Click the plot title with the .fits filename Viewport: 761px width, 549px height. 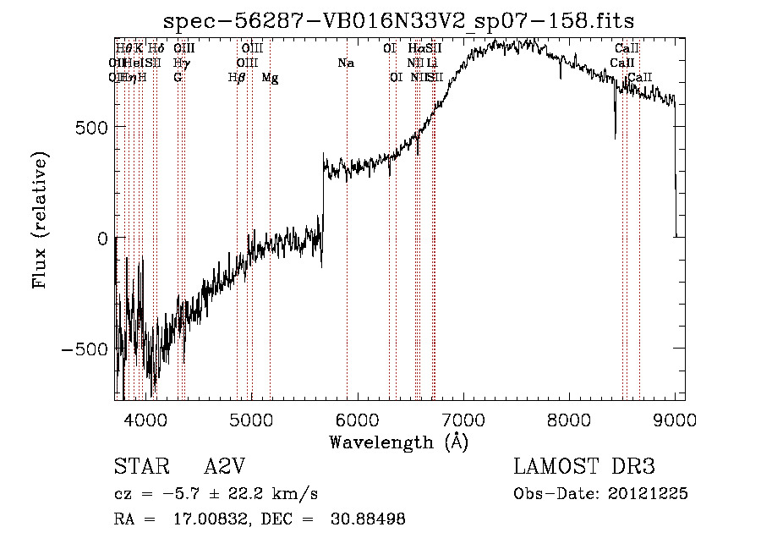coord(398,20)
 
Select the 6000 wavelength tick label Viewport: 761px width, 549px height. coord(358,418)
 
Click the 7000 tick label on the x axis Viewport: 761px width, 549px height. coord(463,418)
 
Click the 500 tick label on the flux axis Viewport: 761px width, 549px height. coord(89,127)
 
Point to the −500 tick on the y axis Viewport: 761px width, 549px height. coord(83,349)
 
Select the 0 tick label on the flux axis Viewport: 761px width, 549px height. coord(101,239)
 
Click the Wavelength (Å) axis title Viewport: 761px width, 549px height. coord(398,442)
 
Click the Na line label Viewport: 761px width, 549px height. coord(345,63)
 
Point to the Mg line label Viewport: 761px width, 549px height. coord(270,78)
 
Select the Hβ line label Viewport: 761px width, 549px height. coord(237,78)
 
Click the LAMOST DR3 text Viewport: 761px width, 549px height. coord(584,467)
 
